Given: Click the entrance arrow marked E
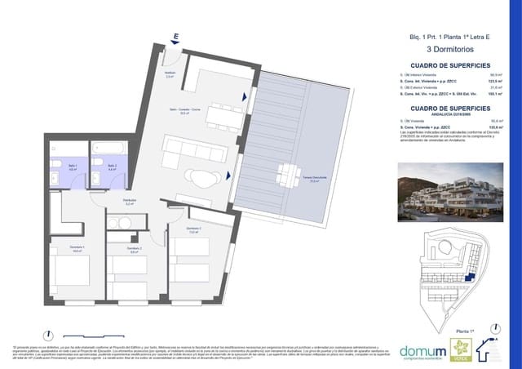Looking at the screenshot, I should click(175, 38).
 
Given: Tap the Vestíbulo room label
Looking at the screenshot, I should click(170, 75).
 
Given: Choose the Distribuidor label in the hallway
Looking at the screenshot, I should click(129, 202).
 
